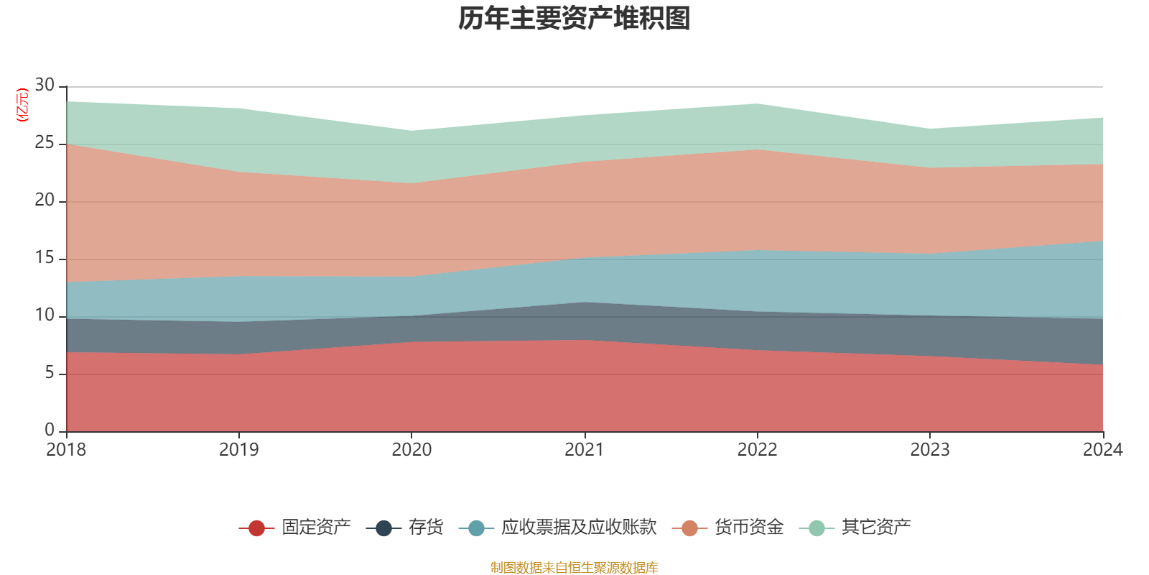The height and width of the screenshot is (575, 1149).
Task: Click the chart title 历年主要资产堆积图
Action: click(x=574, y=19)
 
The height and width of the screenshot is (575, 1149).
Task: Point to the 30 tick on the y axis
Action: click(x=45, y=86)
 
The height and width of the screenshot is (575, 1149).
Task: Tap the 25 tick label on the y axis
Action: click(x=45, y=143)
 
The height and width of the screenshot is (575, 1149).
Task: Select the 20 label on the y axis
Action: click(x=45, y=201)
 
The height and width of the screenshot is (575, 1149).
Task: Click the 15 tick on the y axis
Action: click(x=45, y=258)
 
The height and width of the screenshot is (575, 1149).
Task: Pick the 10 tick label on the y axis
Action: click(x=45, y=316)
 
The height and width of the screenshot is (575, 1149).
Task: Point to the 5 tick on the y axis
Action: click(x=50, y=373)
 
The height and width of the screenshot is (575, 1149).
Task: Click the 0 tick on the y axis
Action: click(x=50, y=431)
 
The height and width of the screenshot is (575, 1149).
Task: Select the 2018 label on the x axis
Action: click(x=66, y=450)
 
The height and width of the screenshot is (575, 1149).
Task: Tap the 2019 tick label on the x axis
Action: click(x=238, y=450)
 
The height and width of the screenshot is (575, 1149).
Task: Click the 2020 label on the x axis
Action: click(x=411, y=450)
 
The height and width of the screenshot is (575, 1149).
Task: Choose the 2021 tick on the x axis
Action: click(x=585, y=450)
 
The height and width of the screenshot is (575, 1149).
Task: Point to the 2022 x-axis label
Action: click(x=757, y=450)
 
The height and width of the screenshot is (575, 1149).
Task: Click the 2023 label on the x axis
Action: click(x=930, y=450)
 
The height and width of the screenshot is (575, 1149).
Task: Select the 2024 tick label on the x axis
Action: click(x=1102, y=450)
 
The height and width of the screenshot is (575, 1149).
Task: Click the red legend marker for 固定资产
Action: click(x=256, y=528)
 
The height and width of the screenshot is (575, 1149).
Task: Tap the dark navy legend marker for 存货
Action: click(x=383, y=528)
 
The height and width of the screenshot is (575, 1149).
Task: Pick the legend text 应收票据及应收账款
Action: click(x=579, y=528)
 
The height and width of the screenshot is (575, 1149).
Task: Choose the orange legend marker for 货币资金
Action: click(x=689, y=528)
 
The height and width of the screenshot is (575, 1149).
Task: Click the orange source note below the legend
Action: click(x=574, y=568)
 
